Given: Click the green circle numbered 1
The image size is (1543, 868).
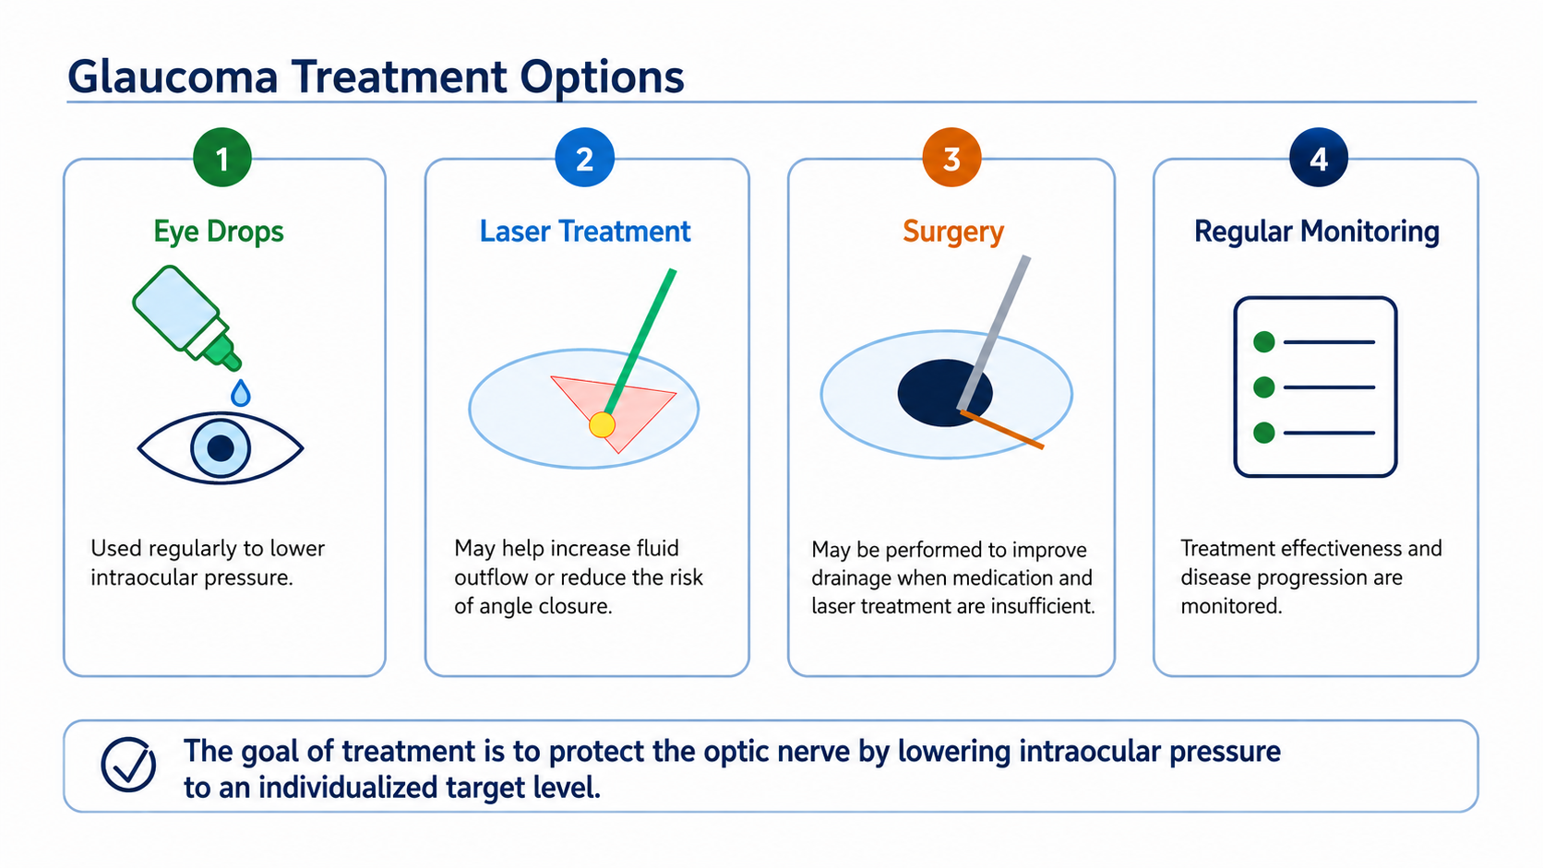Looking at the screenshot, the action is (x=221, y=158).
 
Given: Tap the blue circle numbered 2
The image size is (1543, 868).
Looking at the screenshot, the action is (x=584, y=158).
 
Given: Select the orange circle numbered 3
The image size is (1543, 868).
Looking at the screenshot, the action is (x=951, y=158).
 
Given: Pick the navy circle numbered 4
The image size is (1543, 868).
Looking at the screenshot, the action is (x=1319, y=158).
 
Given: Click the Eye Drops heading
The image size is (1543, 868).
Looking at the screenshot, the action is (x=219, y=232).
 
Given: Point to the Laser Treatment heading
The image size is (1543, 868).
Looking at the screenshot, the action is (x=585, y=232).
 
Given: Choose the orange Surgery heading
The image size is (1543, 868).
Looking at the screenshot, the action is (x=953, y=232).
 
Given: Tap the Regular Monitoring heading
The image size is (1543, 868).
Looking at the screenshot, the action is (x=1316, y=232).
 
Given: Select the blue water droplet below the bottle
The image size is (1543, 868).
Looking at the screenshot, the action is (x=241, y=392).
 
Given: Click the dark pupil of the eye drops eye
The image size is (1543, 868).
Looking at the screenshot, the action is (x=221, y=448).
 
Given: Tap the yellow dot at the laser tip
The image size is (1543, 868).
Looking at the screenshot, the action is (x=602, y=424).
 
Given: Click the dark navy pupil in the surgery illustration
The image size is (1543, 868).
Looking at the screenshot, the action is (x=944, y=392).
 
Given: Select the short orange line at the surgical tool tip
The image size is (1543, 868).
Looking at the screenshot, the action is (x=1002, y=430).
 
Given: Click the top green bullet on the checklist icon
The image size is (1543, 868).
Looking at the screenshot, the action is (x=1264, y=342).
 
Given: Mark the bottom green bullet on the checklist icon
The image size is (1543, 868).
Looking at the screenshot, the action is (x=1264, y=433).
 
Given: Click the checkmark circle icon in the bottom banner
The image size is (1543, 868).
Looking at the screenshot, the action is (x=128, y=765).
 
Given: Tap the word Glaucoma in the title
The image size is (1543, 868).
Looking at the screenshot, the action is (x=173, y=77).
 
